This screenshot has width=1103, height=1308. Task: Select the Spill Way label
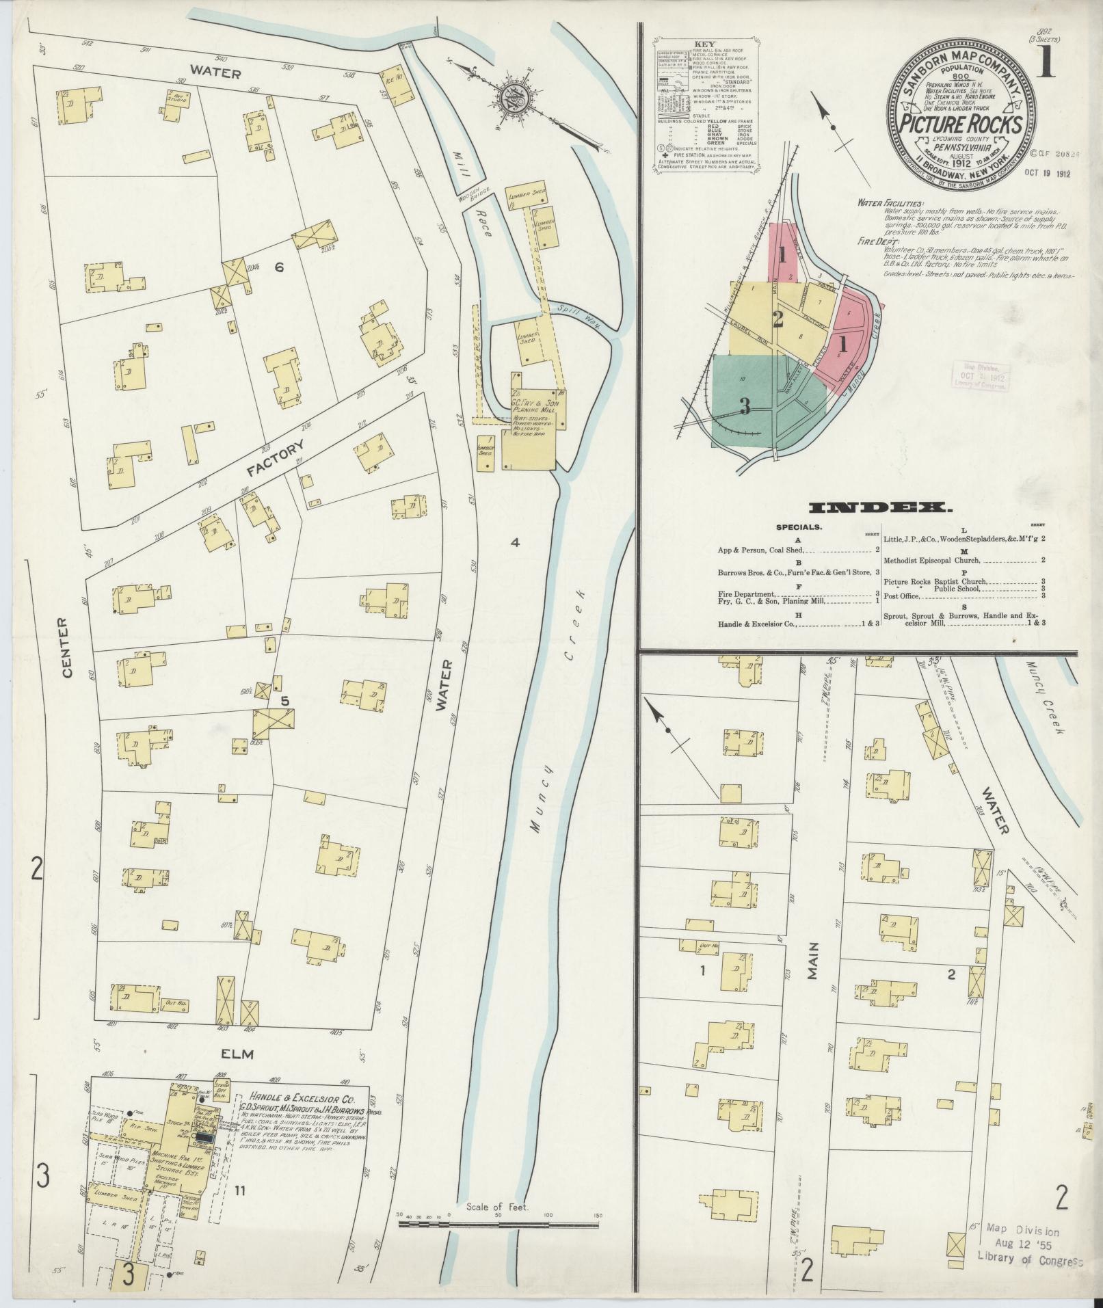(x=579, y=317)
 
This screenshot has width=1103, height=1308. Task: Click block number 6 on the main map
(x=278, y=267)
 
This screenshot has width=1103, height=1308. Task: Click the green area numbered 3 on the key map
(x=745, y=407)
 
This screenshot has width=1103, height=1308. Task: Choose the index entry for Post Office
(x=901, y=596)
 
